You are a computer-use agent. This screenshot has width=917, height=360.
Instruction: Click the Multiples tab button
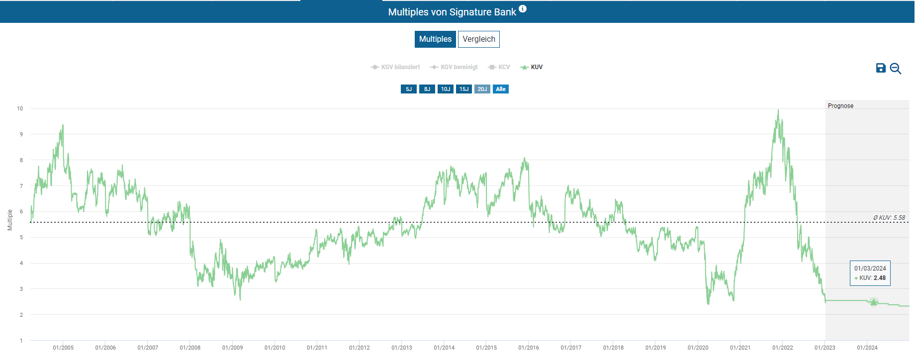435,39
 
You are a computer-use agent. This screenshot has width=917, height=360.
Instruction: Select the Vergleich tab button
478,39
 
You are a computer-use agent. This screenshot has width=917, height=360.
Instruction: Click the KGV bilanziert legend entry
395,67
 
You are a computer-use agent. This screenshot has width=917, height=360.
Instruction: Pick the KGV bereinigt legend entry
454,67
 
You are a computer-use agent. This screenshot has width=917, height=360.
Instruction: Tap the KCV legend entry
499,67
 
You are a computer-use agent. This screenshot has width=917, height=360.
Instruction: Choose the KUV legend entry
532,67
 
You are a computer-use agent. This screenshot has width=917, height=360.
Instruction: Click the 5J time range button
409,89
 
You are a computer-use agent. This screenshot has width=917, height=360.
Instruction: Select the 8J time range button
427,89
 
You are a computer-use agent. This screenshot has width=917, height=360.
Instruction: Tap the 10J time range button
446,89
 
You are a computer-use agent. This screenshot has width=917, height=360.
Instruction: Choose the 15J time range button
464,89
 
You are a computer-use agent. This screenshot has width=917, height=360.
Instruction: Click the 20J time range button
482,89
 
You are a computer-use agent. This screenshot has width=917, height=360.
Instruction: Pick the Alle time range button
501,89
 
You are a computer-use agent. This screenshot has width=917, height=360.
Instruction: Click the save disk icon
881,68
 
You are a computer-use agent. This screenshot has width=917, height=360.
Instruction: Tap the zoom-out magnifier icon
896,69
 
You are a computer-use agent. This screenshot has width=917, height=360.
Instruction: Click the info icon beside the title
523,9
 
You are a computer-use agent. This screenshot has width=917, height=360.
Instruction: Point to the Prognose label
840,106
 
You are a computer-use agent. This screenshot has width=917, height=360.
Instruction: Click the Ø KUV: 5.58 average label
889,218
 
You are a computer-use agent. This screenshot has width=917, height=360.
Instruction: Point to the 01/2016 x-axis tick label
529,348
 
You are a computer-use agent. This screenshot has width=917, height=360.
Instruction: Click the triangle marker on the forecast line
874,302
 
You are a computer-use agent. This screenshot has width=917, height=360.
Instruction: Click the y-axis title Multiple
10,220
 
